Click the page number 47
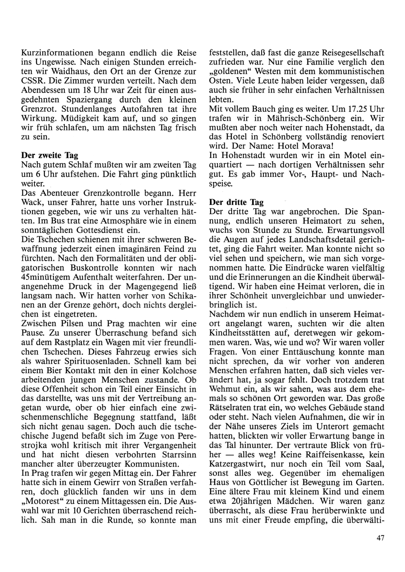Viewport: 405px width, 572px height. coord(379,538)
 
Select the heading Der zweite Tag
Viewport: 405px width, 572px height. coord(49,155)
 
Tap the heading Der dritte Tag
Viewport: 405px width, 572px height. coord(237,202)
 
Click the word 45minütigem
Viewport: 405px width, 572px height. coord(43,277)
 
